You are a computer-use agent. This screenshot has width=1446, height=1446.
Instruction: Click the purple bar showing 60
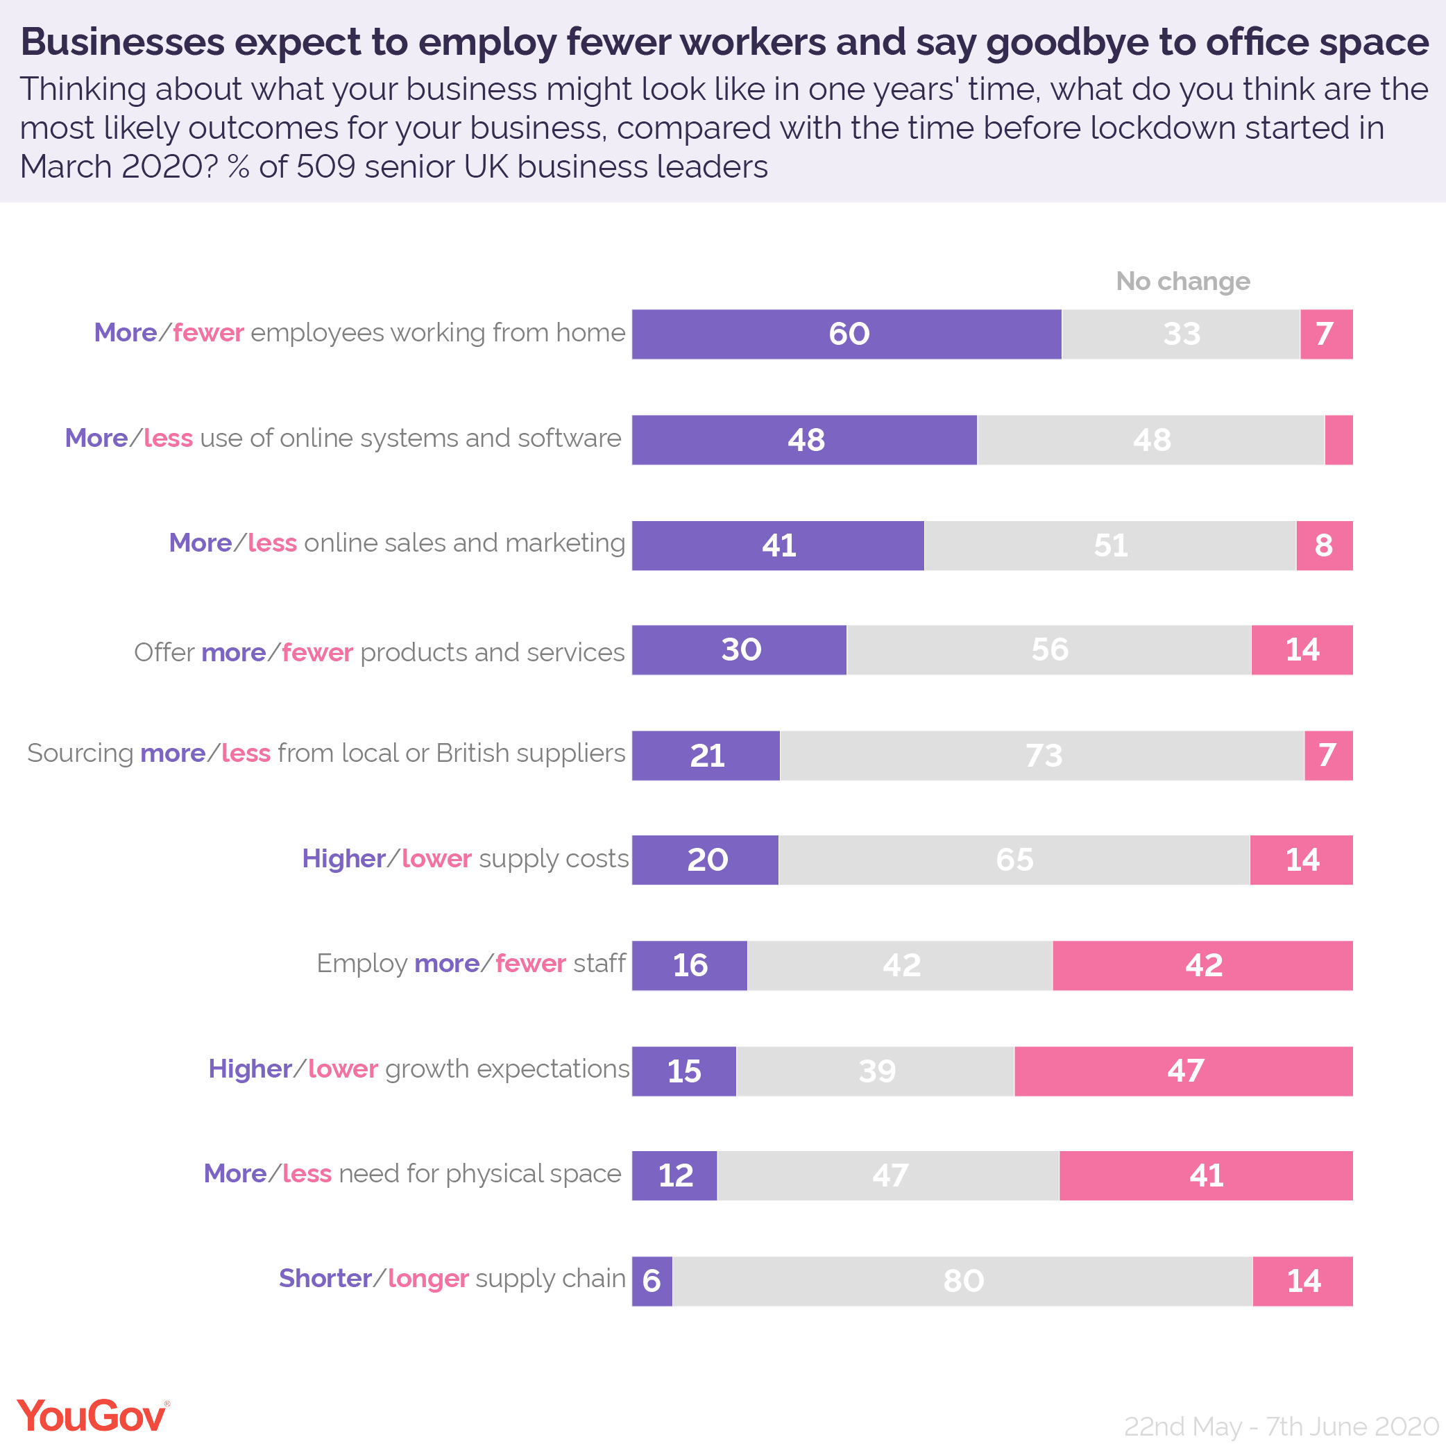pyautogui.click(x=847, y=334)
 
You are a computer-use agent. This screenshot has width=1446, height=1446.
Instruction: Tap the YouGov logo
pyautogui.click(x=93, y=1415)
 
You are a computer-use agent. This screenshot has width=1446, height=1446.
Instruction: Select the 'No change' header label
pyautogui.click(x=1182, y=282)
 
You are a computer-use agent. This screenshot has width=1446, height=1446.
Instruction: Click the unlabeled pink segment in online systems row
pyautogui.click(x=1338, y=440)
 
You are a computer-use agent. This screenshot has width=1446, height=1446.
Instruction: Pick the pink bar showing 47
pyautogui.click(x=1183, y=1071)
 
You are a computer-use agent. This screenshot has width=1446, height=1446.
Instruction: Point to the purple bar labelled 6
pyautogui.click(x=652, y=1282)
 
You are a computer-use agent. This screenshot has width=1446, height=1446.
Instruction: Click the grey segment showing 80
pyautogui.click(x=962, y=1282)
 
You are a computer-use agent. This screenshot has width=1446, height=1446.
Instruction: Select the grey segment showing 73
pyautogui.click(x=1042, y=756)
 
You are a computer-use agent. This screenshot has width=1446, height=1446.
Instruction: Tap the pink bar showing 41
pyautogui.click(x=1206, y=1176)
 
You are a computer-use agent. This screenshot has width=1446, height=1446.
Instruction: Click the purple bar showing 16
pyautogui.click(x=689, y=965)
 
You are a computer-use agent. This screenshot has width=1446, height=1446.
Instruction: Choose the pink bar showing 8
pyautogui.click(x=1324, y=545)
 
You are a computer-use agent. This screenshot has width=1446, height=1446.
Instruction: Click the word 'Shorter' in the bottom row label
pyautogui.click(x=325, y=1278)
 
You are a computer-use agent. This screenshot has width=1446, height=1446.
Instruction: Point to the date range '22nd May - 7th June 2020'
pyautogui.click(x=1282, y=1426)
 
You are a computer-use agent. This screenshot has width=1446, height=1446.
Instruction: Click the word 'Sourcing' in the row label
pyautogui.click(x=80, y=754)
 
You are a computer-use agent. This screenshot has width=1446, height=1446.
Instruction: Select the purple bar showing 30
pyautogui.click(x=740, y=650)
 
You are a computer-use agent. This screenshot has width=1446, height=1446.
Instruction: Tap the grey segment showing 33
pyautogui.click(x=1181, y=334)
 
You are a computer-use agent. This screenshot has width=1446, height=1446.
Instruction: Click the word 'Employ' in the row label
pyautogui.click(x=361, y=963)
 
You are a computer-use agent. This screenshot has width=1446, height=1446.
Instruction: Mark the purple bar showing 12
pyautogui.click(x=674, y=1176)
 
